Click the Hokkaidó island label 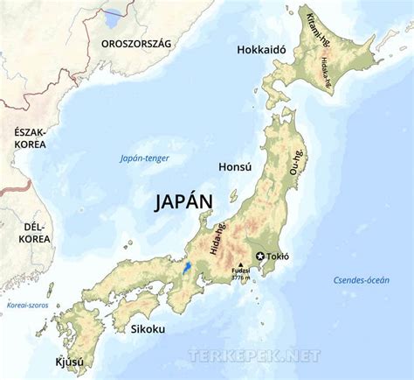pos(261,50)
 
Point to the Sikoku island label pos(148,329)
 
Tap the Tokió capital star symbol pos(259,257)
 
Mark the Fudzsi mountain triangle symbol pos(240,264)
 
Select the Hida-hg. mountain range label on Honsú pos(217,238)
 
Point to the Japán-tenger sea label pos(144,158)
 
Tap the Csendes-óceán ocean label pos(361,279)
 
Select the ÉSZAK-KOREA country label pos(29,137)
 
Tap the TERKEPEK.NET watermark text pos(254,355)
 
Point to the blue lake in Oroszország pos(113,17)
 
